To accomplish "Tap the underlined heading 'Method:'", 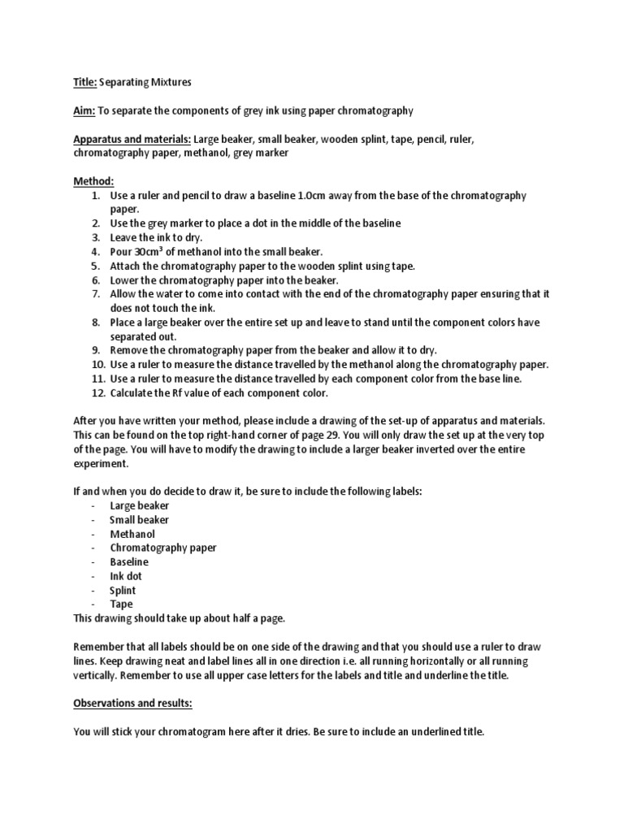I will tap(93, 181).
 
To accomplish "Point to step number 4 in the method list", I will tap(95, 252).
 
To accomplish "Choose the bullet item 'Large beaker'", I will tap(140, 505).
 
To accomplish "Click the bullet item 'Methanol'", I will tap(132, 534).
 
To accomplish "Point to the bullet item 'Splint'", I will tap(123, 591).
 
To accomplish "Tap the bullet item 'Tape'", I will tap(121, 604).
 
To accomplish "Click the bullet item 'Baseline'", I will tap(130, 562).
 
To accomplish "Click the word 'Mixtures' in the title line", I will tap(169, 82).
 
